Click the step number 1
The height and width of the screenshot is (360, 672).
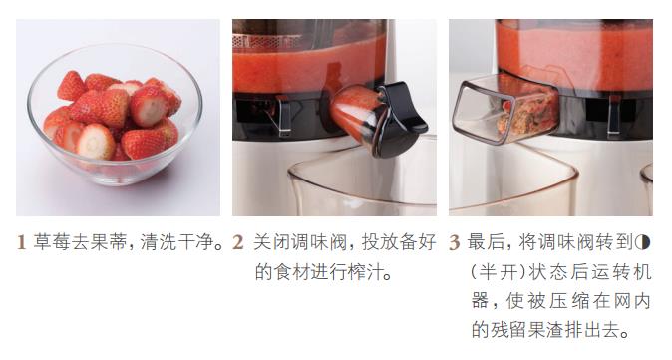tap(21, 243)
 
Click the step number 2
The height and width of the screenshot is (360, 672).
tap(238, 243)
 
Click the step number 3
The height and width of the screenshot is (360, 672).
tap(455, 243)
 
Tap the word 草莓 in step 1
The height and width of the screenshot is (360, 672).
tap(52, 242)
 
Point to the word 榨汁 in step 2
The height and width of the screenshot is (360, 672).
tap(366, 271)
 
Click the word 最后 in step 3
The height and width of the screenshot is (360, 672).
tap(486, 242)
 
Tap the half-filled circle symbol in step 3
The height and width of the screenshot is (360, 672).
tap(643, 243)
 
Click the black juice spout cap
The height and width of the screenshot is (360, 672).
tap(400, 119)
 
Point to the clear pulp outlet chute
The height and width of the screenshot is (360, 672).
tap(504, 110)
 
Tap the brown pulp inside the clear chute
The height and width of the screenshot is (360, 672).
tap(526, 113)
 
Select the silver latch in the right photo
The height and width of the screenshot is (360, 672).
tap(614, 115)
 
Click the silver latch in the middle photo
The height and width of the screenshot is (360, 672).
tap(283, 116)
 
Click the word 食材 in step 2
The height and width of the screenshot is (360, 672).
tap(292, 271)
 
